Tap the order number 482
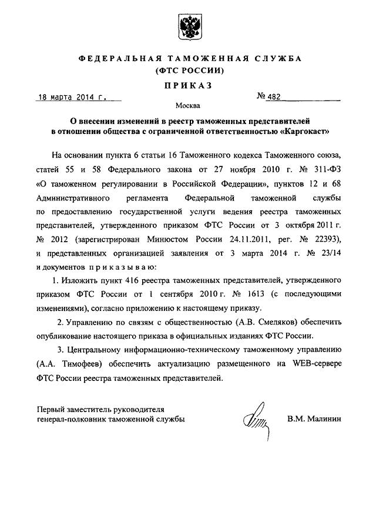coord(276,97)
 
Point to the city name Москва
coord(187,107)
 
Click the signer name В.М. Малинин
coord(315,419)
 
